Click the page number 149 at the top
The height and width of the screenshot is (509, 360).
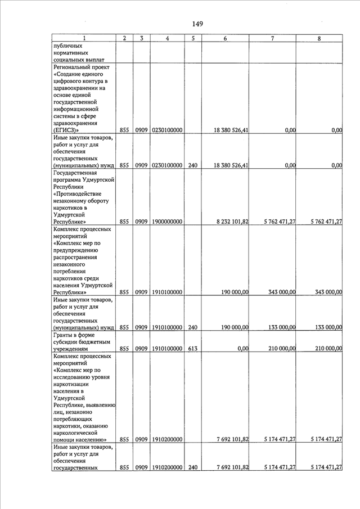click(197, 24)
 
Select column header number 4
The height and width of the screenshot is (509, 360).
click(167, 38)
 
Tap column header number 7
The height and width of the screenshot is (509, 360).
click(272, 38)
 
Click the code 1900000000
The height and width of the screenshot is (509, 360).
click(167, 222)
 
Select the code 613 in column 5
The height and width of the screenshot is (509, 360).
click(192, 348)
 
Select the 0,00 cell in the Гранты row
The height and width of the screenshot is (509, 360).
click(243, 348)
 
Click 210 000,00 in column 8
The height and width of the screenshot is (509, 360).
click(325, 348)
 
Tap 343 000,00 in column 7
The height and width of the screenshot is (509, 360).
click(280, 292)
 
